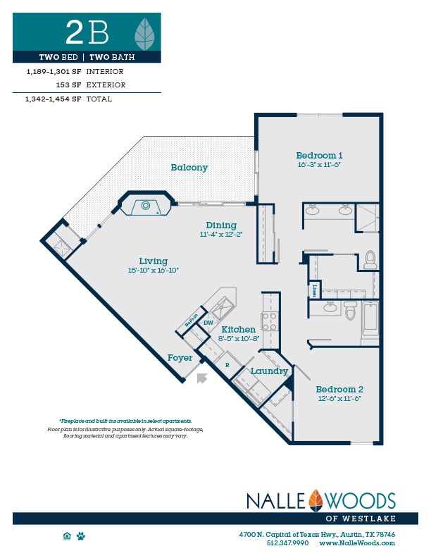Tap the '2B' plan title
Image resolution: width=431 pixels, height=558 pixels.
tap(87, 32)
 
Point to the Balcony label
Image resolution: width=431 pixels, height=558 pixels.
tap(189, 168)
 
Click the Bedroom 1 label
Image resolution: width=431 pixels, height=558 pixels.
tap(319, 156)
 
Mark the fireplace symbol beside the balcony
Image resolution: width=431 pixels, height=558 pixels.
tap(145, 206)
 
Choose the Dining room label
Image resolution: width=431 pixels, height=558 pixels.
tap(220, 225)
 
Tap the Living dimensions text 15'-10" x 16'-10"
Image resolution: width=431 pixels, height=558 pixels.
tap(154, 270)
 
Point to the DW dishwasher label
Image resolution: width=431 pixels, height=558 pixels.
tap(208, 323)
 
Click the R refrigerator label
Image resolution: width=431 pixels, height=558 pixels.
tap(227, 365)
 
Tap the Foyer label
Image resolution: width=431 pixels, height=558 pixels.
tap(180, 358)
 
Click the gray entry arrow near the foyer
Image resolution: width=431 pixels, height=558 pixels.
tap(202, 379)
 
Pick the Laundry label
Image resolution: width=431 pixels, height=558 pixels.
tap(269, 371)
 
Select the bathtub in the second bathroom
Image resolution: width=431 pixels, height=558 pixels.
tap(370, 319)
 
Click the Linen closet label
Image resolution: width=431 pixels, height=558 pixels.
tap(313, 290)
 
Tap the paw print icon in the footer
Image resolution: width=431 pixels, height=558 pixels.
tap(81, 536)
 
